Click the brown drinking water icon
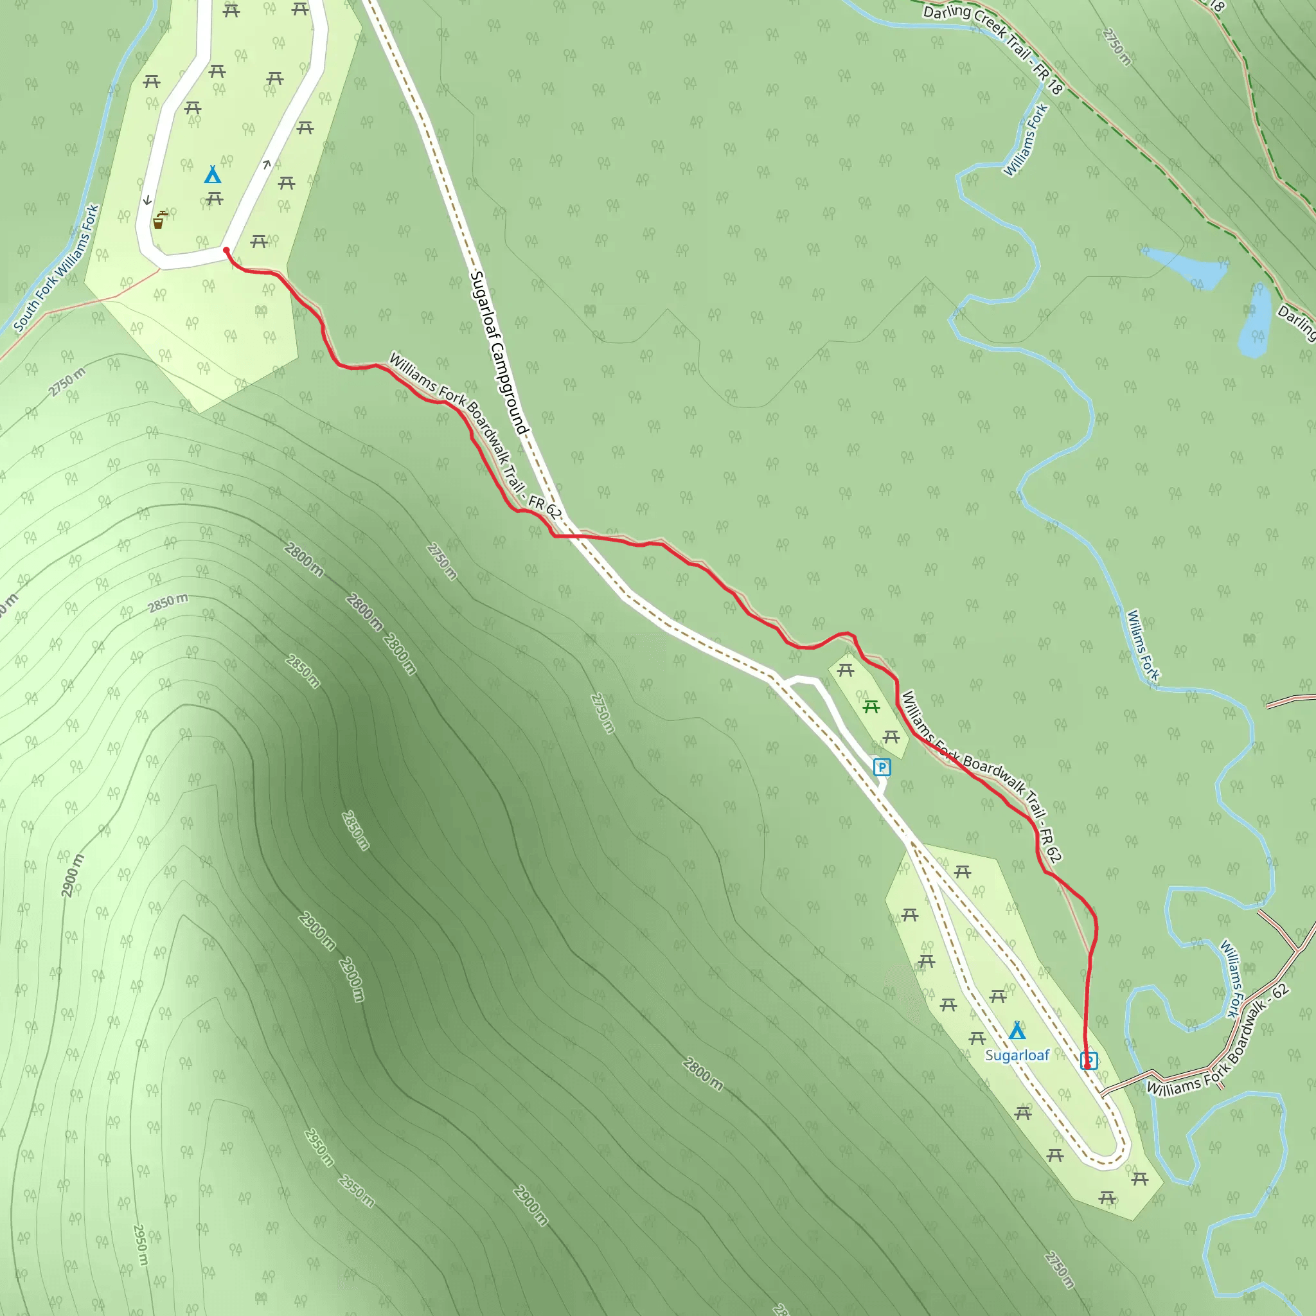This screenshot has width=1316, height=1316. (x=159, y=220)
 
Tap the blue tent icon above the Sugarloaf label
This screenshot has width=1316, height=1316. (x=1017, y=1030)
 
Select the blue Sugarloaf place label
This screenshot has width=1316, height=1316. (x=1017, y=1055)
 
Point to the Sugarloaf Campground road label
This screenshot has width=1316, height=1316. (x=499, y=353)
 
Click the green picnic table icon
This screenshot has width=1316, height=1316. (x=871, y=707)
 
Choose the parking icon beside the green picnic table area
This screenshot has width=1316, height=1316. (x=882, y=768)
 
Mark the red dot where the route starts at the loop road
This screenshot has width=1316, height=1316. (x=227, y=251)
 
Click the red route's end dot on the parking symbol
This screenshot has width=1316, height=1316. (x=1088, y=1065)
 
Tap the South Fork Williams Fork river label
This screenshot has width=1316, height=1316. (x=57, y=269)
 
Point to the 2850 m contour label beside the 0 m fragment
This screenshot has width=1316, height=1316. (x=168, y=603)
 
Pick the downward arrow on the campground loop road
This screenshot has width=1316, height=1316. (x=147, y=200)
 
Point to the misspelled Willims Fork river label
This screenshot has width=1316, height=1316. (x=1143, y=645)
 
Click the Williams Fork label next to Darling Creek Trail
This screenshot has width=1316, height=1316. (x=1026, y=140)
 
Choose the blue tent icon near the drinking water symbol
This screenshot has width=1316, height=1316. (x=213, y=175)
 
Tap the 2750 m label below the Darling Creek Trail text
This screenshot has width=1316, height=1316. (x=1116, y=47)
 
